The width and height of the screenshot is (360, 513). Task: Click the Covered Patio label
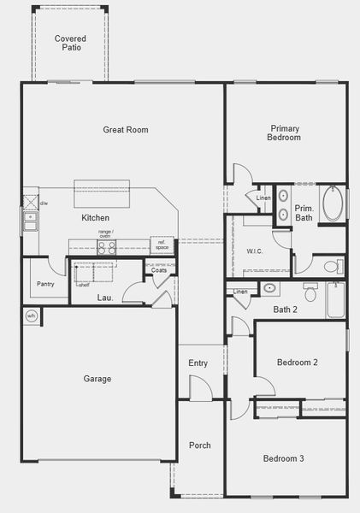pyautogui.click(x=70, y=44)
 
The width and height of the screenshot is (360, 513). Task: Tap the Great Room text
pyautogui.click(x=126, y=130)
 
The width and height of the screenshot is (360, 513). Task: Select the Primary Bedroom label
pyautogui.click(x=283, y=132)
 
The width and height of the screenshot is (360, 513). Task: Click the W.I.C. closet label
pyautogui.click(x=255, y=251)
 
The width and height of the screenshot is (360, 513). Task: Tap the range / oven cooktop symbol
pyautogui.click(x=107, y=248)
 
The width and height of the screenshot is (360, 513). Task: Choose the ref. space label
pyautogui.click(x=162, y=245)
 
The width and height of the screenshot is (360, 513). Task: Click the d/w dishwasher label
pyautogui.click(x=44, y=203)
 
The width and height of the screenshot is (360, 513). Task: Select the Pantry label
pyautogui.click(x=45, y=284)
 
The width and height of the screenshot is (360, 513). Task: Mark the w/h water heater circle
pyautogui.click(x=32, y=315)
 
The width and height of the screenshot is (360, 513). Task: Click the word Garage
pyautogui.click(x=97, y=379)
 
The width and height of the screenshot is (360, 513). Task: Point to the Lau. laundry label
pyautogui.click(x=104, y=298)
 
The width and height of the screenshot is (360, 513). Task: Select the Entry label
pyautogui.click(x=198, y=363)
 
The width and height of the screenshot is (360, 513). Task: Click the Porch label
pyautogui.click(x=199, y=445)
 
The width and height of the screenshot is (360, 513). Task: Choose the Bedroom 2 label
pyautogui.click(x=297, y=363)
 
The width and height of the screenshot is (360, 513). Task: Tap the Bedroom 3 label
pyautogui.click(x=283, y=459)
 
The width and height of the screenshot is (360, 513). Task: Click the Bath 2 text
pyautogui.click(x=285, y=310)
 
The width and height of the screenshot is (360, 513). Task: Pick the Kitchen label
pyautogui.click(x=95, y=218)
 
